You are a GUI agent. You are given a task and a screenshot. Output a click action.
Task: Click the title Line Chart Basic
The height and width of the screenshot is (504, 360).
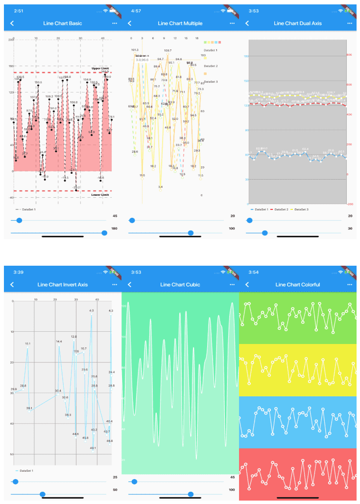point(63,23)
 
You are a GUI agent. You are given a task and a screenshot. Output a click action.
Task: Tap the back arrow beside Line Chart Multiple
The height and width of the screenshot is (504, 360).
point(129,23)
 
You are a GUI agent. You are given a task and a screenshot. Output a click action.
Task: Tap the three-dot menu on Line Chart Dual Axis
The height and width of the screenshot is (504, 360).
point(349,23)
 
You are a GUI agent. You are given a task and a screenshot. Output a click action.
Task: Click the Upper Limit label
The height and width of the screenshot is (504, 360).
point(100,68)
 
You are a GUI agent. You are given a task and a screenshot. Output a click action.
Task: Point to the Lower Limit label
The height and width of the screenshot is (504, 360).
point(100,194)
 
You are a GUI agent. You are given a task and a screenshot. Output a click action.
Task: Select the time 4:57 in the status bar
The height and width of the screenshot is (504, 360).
point(136,10)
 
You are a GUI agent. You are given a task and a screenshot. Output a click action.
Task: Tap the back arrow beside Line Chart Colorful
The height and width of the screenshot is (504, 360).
point(247,284)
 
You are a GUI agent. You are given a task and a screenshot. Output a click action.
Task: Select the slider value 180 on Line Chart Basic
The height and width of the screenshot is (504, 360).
point(115,229)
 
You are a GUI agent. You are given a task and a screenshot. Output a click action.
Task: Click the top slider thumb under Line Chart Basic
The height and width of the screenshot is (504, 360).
point(19,221)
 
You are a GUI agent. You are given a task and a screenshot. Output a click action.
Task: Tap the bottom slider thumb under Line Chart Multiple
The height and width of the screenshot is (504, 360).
point(191,233)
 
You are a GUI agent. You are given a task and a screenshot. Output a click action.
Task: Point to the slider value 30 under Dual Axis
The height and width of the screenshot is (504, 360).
point(350,229)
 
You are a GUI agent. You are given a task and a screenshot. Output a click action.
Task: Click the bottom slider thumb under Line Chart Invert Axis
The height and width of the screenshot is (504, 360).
point(43,494)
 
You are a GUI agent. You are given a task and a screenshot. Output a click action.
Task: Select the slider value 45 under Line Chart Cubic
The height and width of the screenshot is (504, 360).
point(232,477)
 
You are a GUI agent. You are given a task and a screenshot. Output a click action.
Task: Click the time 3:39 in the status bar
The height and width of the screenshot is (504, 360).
point(19,272)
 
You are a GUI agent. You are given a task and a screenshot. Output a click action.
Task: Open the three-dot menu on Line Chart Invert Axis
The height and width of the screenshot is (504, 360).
point(114,284)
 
